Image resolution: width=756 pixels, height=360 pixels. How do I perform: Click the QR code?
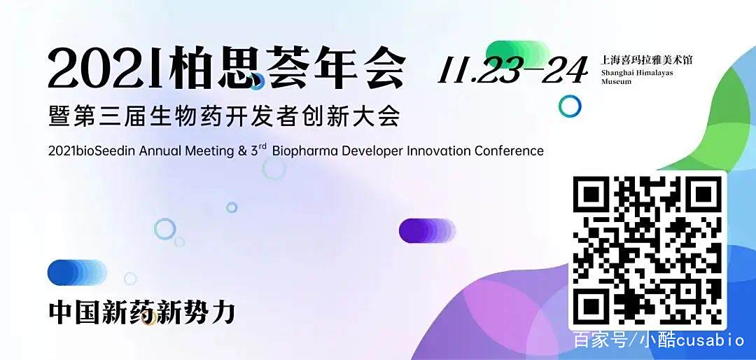(x=647, y=249)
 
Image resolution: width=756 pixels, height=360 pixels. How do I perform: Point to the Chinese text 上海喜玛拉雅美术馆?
(x=647, y=60)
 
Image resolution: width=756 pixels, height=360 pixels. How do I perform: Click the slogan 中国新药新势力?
(x=141, y=312)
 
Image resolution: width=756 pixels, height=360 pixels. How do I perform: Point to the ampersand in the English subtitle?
(x=242, y=151)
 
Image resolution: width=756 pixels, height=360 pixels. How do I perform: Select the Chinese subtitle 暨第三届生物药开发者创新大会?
(x=224, y=114)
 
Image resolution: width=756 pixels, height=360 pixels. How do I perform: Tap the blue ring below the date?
(x=570, y=106)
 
